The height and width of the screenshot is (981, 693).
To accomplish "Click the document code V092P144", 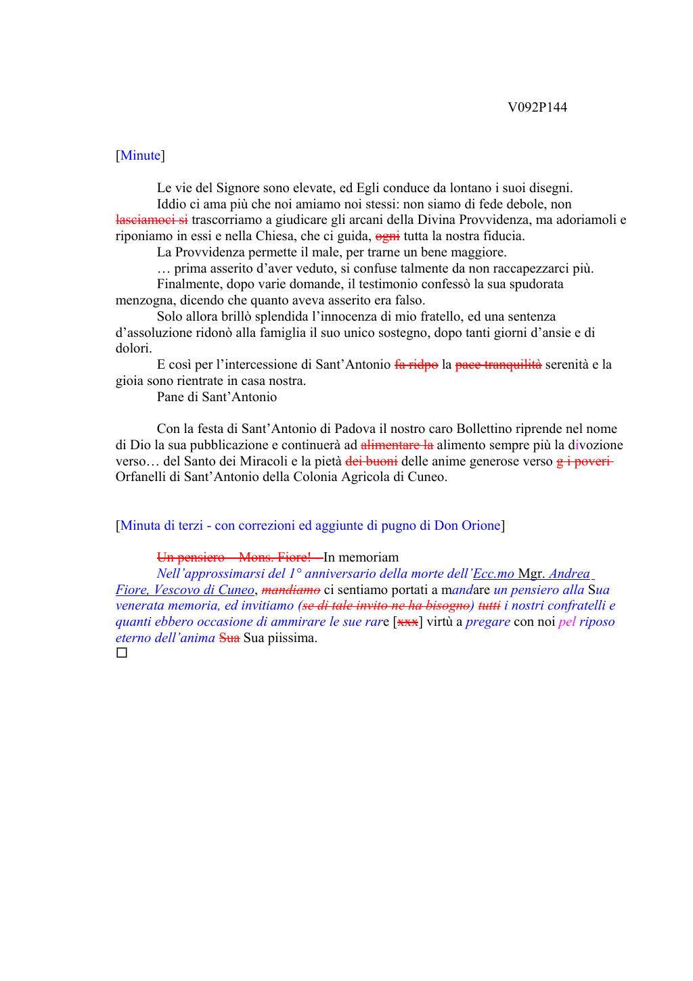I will tap(537, 108).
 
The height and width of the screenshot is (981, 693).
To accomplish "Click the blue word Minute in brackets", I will tap(140, 156).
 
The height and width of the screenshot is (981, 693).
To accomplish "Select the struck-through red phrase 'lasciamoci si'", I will tap(152, 220).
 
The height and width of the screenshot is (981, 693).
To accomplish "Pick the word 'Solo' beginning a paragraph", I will tap(169, 317).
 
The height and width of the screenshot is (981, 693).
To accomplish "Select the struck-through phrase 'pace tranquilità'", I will tap(498, 365).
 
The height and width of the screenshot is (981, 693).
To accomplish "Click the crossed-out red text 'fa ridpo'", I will tap(416, 365).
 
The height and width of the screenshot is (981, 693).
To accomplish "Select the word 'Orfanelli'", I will tap(143, 477).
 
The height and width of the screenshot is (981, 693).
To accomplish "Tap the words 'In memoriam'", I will tap(361, 557).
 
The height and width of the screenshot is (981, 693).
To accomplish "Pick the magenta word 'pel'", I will tap(566, 622).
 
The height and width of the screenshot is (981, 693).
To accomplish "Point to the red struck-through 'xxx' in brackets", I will tap(407, 622).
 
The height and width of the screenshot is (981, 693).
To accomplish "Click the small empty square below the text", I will tap(122, 653).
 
